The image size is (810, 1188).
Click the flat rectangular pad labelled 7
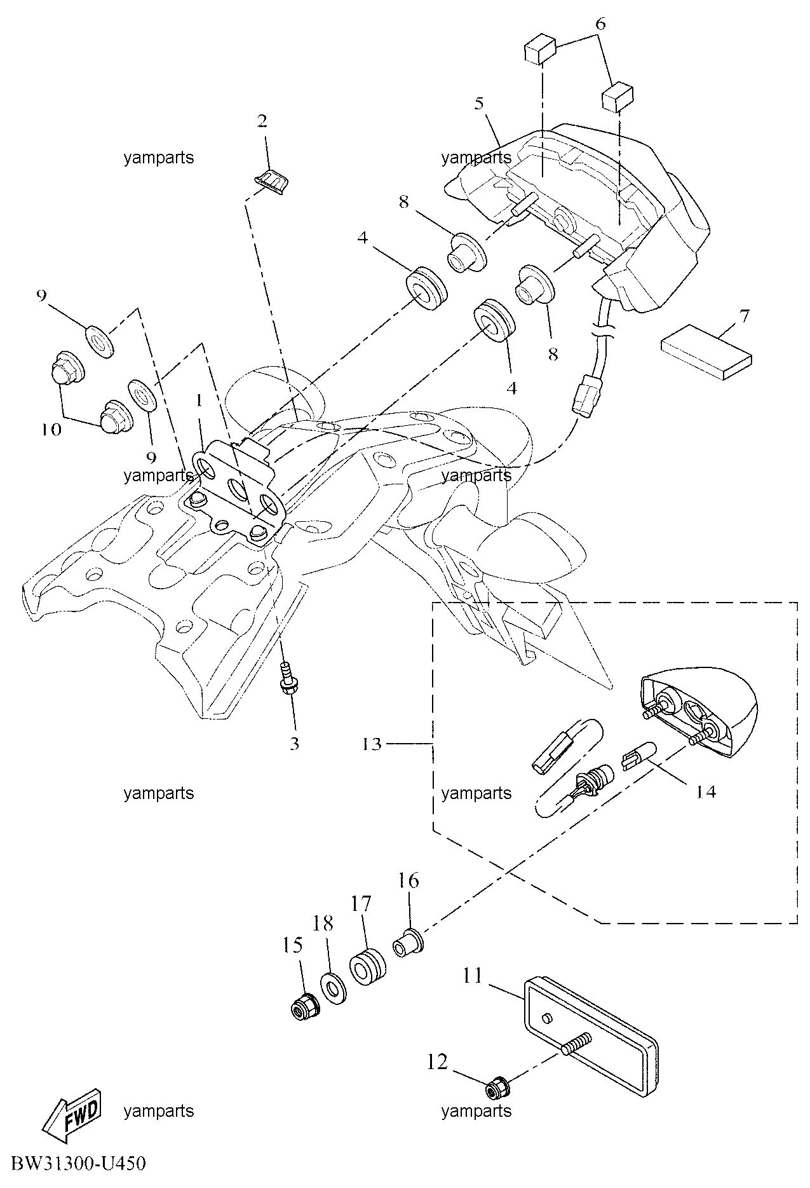tap(707, 353)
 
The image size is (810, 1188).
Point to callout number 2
tap(262, 121)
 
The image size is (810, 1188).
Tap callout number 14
tap(705, 791)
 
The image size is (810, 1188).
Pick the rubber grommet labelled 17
tap(367, 967)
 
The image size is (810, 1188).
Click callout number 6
tap(600, 25)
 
